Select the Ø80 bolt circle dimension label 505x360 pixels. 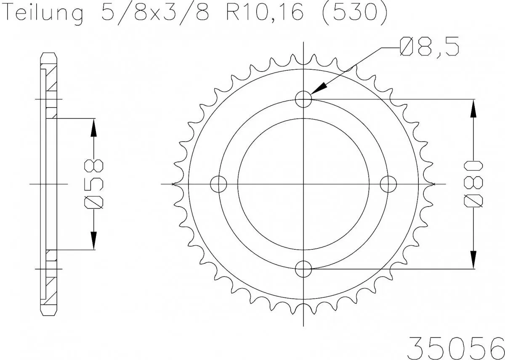pos(474,184)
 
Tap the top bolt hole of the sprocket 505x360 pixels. pos(303,100)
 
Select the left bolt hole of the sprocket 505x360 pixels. pos(218,184)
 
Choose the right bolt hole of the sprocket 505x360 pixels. pos(388,184)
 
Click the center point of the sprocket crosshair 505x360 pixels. pos(303,184)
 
